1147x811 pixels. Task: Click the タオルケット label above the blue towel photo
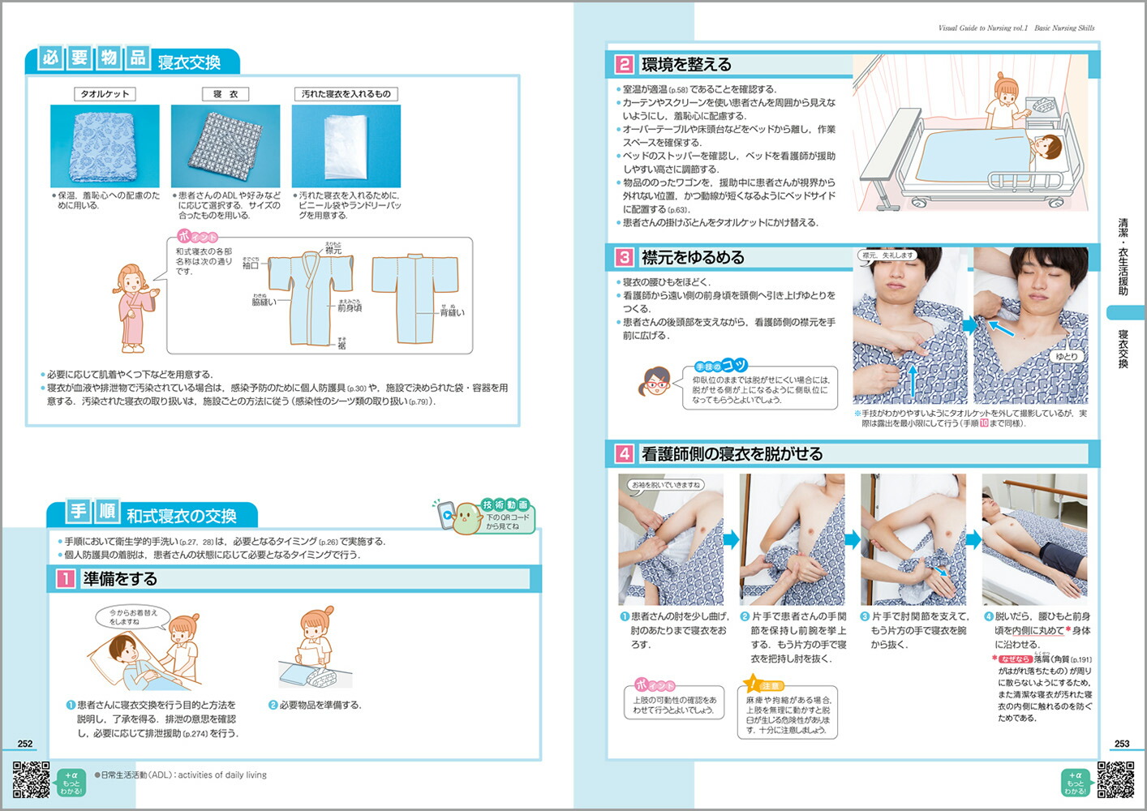[105, 94]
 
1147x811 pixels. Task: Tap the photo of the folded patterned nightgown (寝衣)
[226, 146]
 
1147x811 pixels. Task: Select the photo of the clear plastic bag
[346, 146]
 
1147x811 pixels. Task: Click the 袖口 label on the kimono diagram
[251, 265]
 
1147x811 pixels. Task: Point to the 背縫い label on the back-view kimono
[452, 312]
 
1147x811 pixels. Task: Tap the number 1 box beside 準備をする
[65, 579]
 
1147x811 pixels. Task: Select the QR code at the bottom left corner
[31, 780]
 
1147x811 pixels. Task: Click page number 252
[25, 743]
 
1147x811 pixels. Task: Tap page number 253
[1122, 743]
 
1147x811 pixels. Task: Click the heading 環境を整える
[686, 65]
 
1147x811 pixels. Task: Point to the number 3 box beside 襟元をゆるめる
[624, 257]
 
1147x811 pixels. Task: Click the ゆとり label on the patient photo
[1067, 357]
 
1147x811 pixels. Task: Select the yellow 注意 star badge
[754, 684]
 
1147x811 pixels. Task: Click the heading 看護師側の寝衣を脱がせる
[732, 454]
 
